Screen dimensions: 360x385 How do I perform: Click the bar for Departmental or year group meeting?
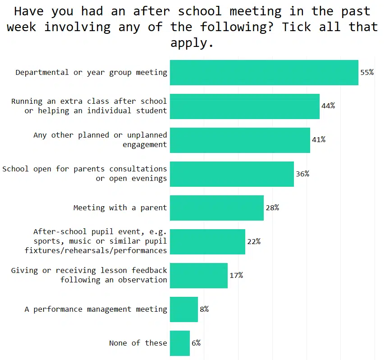(x=264, y=72)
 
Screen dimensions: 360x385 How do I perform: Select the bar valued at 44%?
(x=244, y=106)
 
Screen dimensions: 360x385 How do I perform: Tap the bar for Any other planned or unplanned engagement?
(x=240, y=140)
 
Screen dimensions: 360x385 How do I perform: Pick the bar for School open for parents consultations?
(x=232, y=174)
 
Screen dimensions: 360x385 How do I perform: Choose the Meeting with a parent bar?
(x=216, y=208)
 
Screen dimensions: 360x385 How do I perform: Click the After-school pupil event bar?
(x=207, y=241)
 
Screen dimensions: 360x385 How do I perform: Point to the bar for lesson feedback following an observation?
(x=198, y=275)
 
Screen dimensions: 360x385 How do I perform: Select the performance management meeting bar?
(x=183, y=309)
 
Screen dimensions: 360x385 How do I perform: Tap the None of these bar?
(x=179, y=343)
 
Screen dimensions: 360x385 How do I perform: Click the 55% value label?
(x=367, y=72)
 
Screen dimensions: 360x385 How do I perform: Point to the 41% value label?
(x=319, y=140)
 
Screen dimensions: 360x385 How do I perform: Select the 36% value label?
(x=302, y=174)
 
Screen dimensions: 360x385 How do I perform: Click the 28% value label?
(x=272, y=208)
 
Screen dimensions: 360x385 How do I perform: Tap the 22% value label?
(x=254, y=241)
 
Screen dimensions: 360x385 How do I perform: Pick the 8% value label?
(x=204, y=309)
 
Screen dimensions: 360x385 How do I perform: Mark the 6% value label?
(x=196, y=343)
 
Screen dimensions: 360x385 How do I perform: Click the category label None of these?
(x=138, y=343)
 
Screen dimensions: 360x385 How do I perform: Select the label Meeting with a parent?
(x=120, y=208)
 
